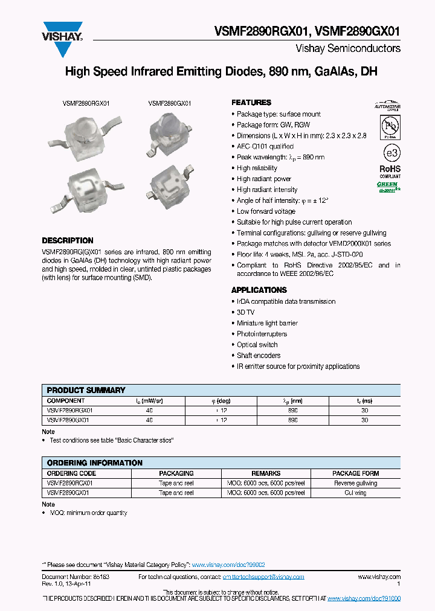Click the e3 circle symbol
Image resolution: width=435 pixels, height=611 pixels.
tap(390, 151)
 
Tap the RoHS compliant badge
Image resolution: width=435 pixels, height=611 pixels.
tap(390, 172)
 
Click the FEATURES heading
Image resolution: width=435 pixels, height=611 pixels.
tap(251, 103)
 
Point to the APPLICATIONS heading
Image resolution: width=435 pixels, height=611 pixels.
tap(259, 290)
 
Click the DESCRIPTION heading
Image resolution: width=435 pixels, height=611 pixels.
tap(67, 240)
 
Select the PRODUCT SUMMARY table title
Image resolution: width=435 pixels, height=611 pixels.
tap(86, 390)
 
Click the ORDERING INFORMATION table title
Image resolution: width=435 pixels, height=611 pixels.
tap(94, 462)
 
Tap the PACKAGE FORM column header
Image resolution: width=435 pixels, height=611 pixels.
tap(355, 473)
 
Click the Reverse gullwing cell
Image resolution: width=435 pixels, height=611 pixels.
tap(355, 483)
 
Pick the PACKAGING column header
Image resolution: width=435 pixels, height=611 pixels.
tap(176, 473)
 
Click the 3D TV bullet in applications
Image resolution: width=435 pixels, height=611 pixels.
tap(245, 312)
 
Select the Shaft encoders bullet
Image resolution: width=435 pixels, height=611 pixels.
tap(259, 356)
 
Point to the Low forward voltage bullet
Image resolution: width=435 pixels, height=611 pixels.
tap(266, 211)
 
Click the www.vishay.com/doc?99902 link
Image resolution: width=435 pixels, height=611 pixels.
tap(228, 565)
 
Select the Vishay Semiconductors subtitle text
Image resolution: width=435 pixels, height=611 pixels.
tap(347, 48)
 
